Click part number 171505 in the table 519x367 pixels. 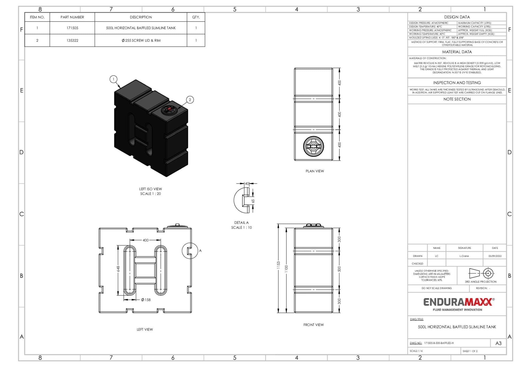pyautogui.click(x=72, y=28)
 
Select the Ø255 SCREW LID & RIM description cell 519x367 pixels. pyautogui.click(x=141, y=40)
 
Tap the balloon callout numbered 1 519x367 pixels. pyautogui.click(x=113, y=79)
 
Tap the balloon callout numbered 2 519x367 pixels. pyautogui.click(x=190, y=100)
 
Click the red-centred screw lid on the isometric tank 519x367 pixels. pyautogui.click(x=169, y=109)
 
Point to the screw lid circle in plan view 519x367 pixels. pyautogui.click(x=313, y=146)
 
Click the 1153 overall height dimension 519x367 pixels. pyautogui.click(x=278, y=265)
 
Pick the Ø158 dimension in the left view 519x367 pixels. pyautogui.click(x=146, y=300)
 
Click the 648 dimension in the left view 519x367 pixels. pyautogui.click(x=118, y=268)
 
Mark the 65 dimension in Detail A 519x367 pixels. pyautogui.click(x=253, y=201)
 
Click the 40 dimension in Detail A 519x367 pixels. pyautogui.click(x=247, y=183)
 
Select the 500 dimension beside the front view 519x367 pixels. pyautogui.click(x=339, y=269)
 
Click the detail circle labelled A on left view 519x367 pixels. pyautogui.click(x=190, y=251)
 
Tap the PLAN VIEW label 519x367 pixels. pyautogui.click(x=314, y=171)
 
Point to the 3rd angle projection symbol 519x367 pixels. pyautogui.click(x=480, y=273)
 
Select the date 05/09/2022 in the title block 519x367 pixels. pyautogui.click(x=495, y=256)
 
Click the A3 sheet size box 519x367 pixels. pyautogui.click(x=498, y=343)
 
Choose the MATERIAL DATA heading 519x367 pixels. pyautogui.click(x=457, y=52)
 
